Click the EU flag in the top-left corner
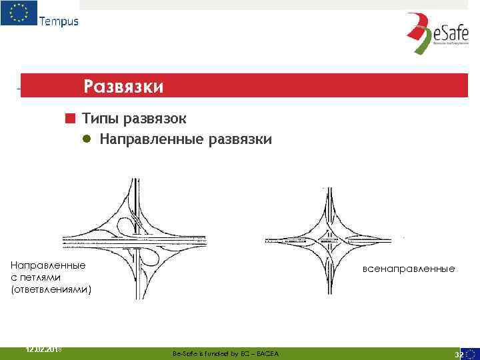pyautogui.click(x=19, y=13)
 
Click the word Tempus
pyautogui.click(x=59, y=21)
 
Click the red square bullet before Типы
pyautogui.click(x=69, y=119)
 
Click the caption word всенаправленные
pyautogui.click(x=409, y=269)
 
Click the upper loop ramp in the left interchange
pyautogui.click(x=125, y=225)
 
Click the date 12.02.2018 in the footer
pyautogui.click(x=43, y=349)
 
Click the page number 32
pyautogui.click(x=459, y=354)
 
